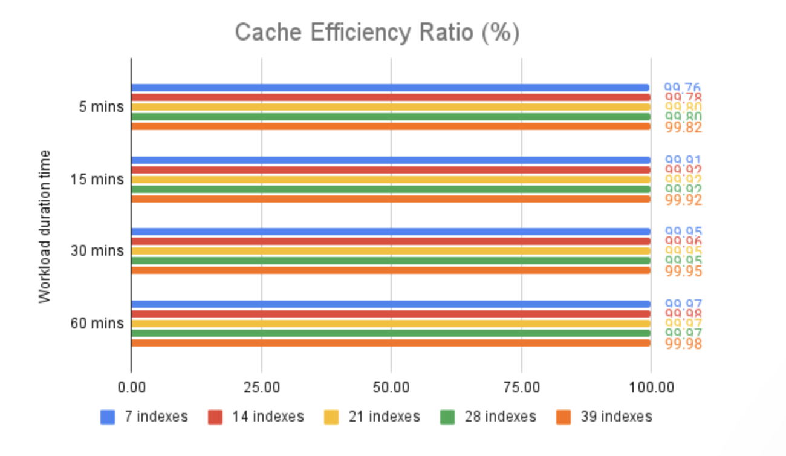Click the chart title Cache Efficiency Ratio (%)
(x=377, y=33)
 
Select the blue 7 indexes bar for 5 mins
(x=390, y=88)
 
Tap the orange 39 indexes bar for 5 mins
(x=390, y=126)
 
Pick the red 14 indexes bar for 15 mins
(x=390, y=170)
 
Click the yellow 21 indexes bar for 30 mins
(x=390, y=251)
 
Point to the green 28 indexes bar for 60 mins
(x=390, y=333)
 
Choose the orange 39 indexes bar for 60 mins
(x=390, y=343)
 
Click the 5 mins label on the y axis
(x=101, y=107)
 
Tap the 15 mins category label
(x=97, y=180)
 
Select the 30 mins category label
(x=97, y=251)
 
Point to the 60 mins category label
(x=97, y=324)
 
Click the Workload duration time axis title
(x=44, y=227)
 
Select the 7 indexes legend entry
(x=145, y=417)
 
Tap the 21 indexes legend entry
(x=374, y=417)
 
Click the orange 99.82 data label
(x=683, y=128)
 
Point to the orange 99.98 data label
(x=683, y=344)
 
